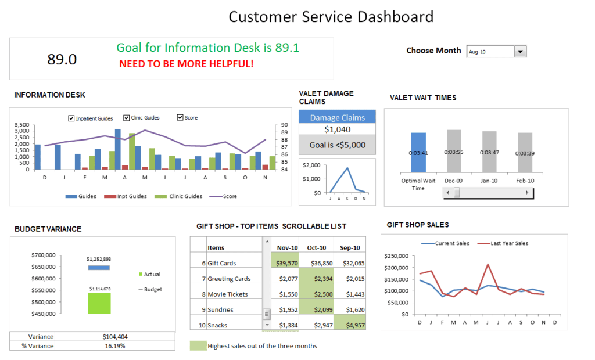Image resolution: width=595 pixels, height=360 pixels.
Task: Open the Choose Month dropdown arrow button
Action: [521, 52]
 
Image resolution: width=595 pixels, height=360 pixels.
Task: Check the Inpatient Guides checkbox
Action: [71, 118]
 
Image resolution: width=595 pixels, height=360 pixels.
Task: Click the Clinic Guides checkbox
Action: [126, 118]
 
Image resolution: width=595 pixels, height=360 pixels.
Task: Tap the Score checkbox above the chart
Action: [180, 118]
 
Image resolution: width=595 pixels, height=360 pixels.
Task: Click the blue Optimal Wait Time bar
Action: [418, 152]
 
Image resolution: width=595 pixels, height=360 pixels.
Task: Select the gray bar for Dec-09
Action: [454, 151]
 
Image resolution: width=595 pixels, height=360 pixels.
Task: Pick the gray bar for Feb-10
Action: [525, 152]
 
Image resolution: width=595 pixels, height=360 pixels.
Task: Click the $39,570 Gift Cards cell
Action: [285, 263]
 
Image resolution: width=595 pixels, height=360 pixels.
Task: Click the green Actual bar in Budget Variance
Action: [99, 303]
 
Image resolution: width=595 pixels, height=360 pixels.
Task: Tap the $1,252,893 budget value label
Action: [99, 259]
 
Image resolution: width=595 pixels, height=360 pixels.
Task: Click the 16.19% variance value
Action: [115, 346]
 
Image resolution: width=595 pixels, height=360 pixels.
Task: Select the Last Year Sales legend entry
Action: [503, 243]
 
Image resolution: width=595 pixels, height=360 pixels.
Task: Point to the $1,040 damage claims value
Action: [337, 129]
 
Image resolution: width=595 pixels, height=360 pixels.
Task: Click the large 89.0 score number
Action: [62, 59]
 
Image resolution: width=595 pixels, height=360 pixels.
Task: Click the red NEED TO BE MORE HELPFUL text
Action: [186, 64]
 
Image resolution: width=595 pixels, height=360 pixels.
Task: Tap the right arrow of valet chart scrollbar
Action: [528, 192]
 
